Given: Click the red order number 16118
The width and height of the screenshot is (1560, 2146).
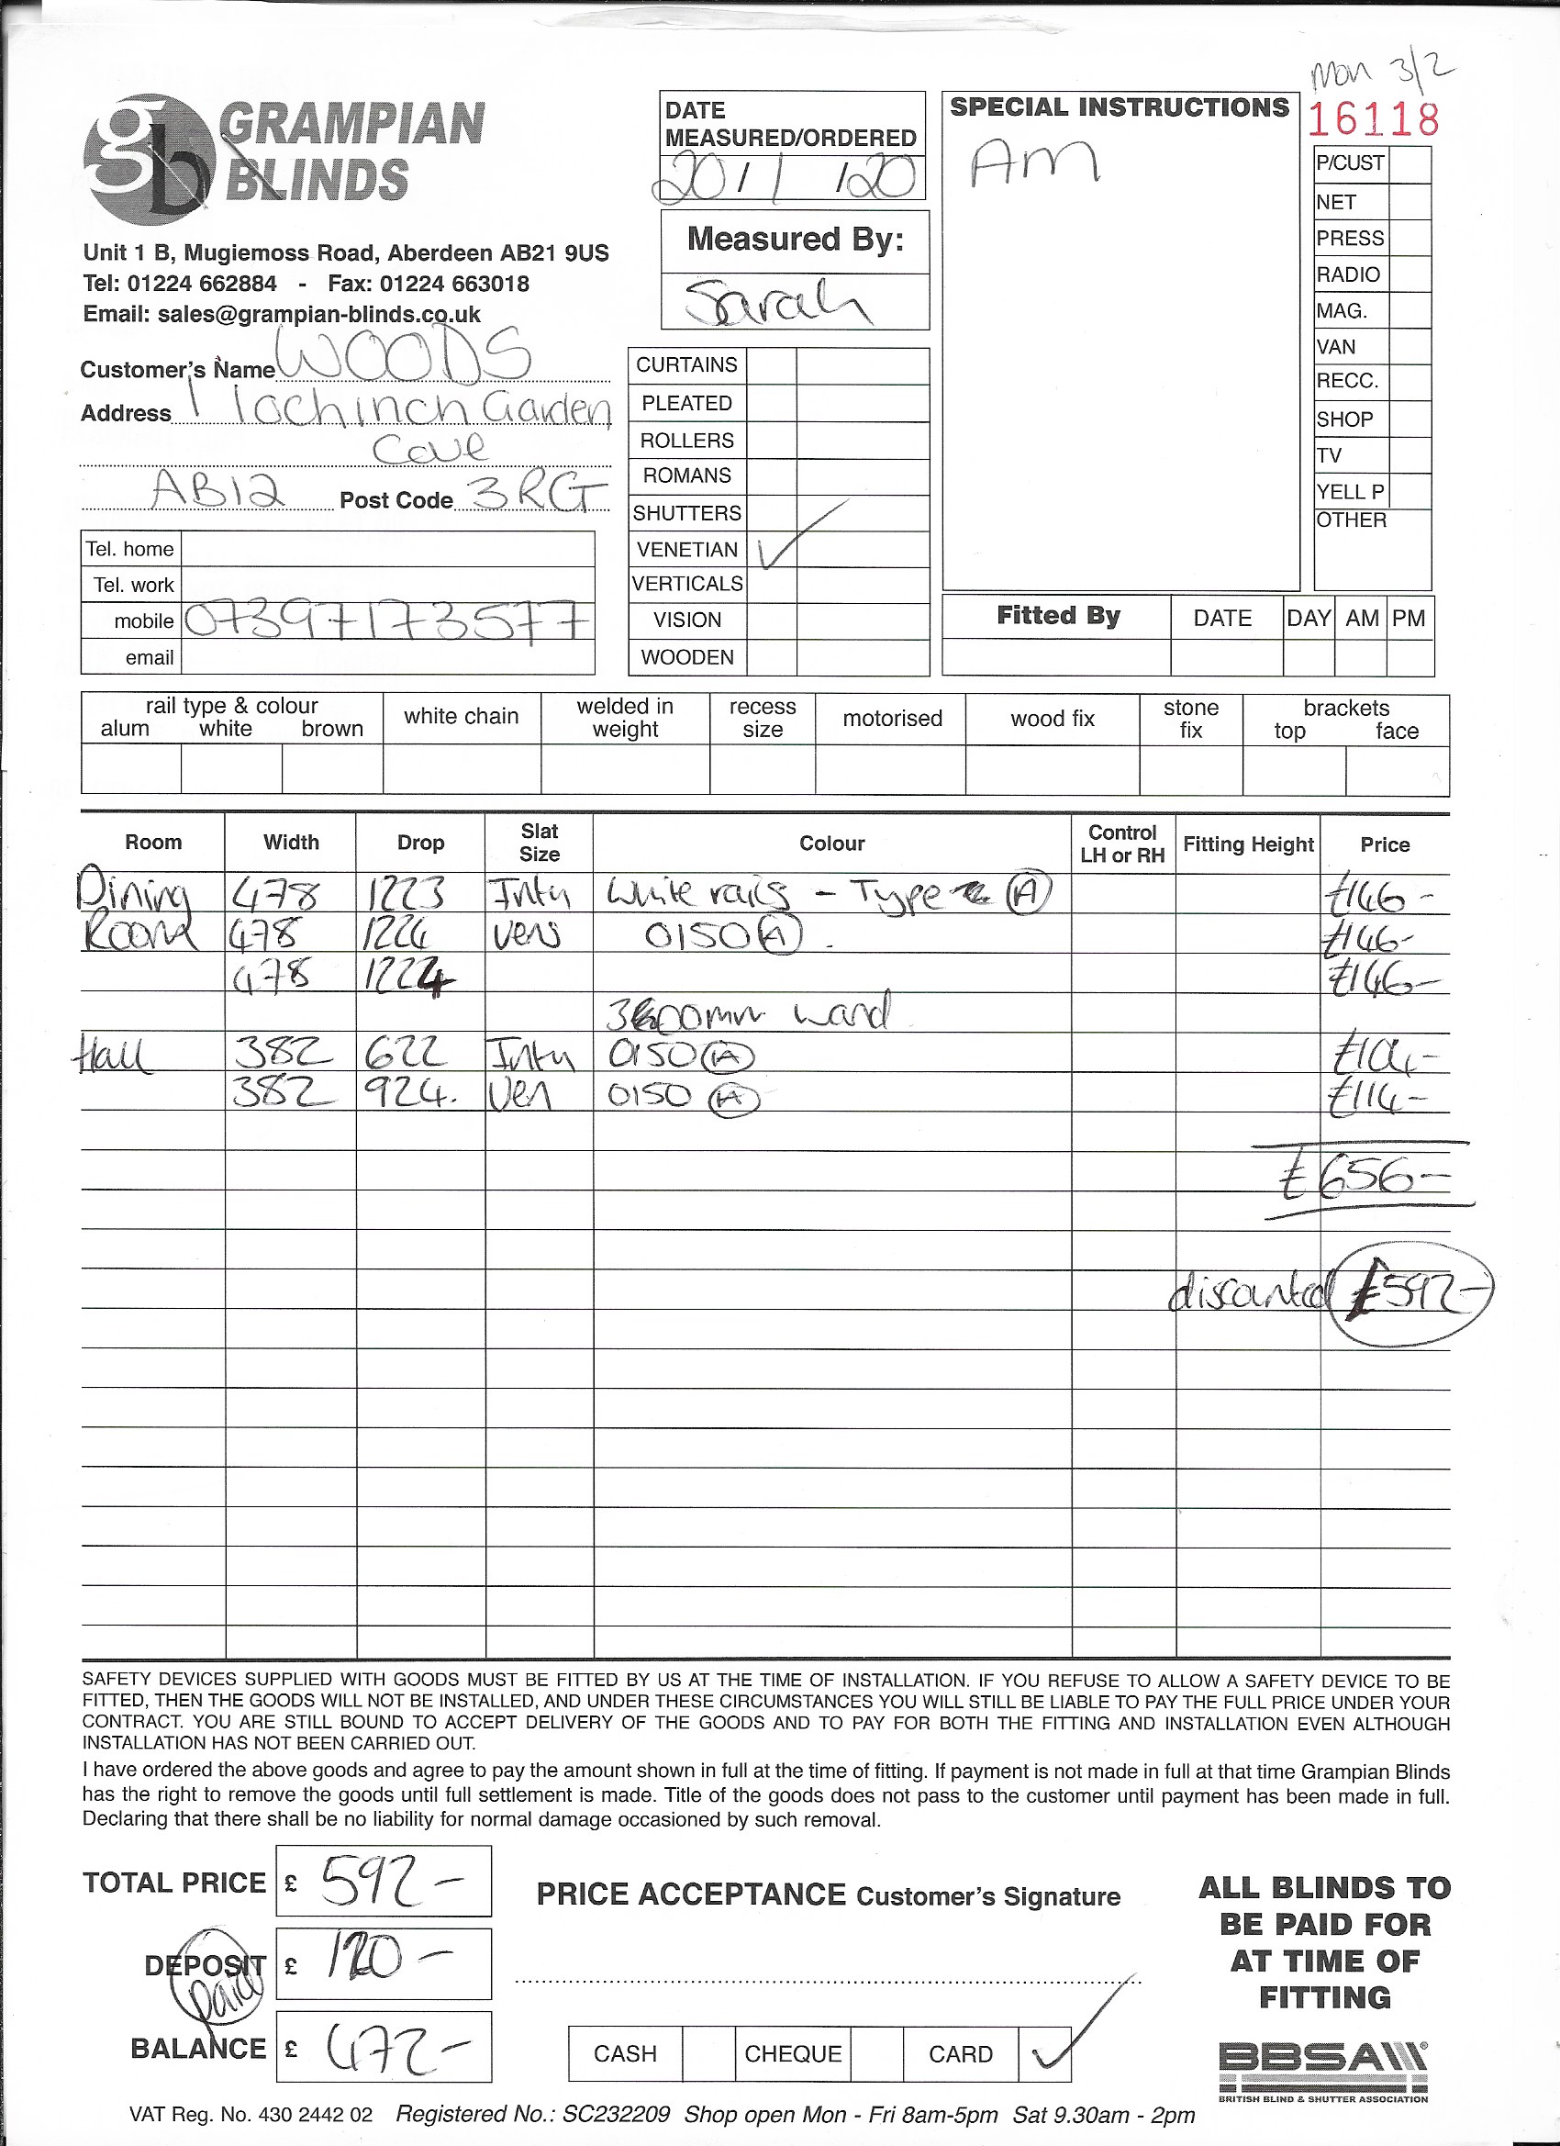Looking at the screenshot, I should pos(1373,119).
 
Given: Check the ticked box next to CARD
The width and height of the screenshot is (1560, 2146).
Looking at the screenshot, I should pos(1044,2052).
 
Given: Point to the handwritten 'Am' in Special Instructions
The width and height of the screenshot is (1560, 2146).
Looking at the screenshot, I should pos(1033,161).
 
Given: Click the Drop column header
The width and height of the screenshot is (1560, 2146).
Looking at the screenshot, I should pos(420,842).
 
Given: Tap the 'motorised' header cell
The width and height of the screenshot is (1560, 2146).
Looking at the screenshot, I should pos(891,719).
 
